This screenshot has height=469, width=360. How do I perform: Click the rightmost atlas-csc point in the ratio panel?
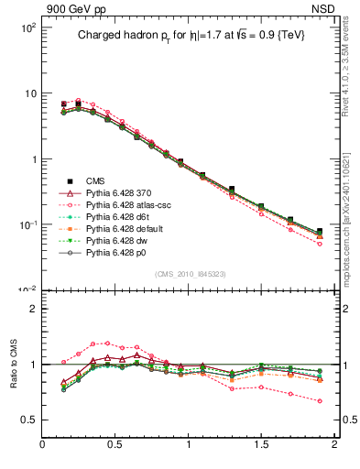(x=320, y=401)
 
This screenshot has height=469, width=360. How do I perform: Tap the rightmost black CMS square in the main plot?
(x=320, y=232)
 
